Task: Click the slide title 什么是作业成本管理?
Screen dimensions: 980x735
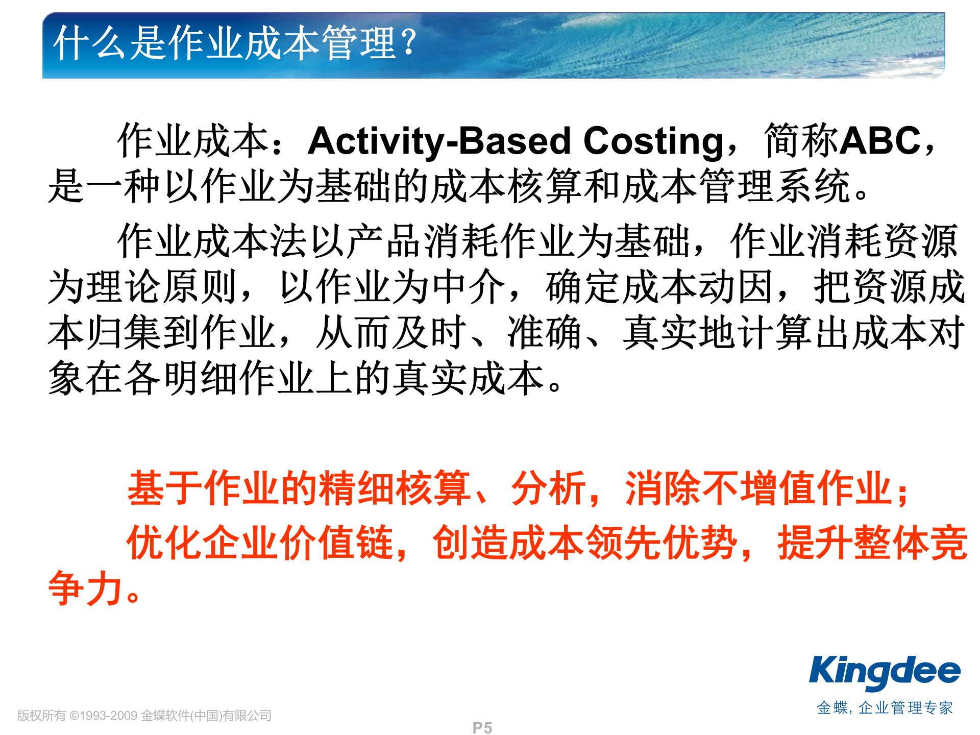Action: pos(235,43)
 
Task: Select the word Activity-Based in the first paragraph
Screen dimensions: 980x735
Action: pos(439,141)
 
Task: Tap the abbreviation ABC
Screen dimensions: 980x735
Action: pos(880,140)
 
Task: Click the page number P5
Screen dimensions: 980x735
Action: pos(482,728)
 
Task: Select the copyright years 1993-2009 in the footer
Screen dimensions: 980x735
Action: pos(108,716)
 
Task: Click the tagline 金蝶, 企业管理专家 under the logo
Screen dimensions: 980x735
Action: pos(885,708)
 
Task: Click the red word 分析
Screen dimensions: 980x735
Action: pos(549,488)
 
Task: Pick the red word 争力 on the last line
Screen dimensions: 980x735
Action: pos(86,589)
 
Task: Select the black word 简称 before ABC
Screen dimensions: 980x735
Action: pos(802,140)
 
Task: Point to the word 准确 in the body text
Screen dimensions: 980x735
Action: pos(545,333)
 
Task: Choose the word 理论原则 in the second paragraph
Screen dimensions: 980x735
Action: pos(162,287)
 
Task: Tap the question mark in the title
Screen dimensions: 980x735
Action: pos(408,42)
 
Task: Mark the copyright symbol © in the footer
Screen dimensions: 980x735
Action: pos(75,716)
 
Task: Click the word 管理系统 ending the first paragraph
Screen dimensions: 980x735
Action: pos(776,186)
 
